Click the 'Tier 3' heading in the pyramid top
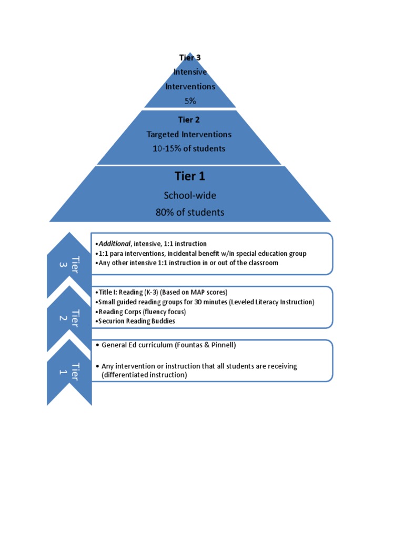pyautogui.click(x=189, y=57)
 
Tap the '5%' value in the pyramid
pyautogui.click(x=190, y=101)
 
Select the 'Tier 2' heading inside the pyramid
pyautogui.click(x=189, y=120)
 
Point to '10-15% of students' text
pyautogui.click(x=189, y=148)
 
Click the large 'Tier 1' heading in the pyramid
pyautogui.click(x=190, y=176)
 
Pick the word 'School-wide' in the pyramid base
pyautogui.click(x=190, y=195)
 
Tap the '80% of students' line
pyautogui.click(x=190, y=212)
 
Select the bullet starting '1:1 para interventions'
pyautogui.click(x=201, y=253)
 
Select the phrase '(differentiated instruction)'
pyautogui.click(x=144, y=375)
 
